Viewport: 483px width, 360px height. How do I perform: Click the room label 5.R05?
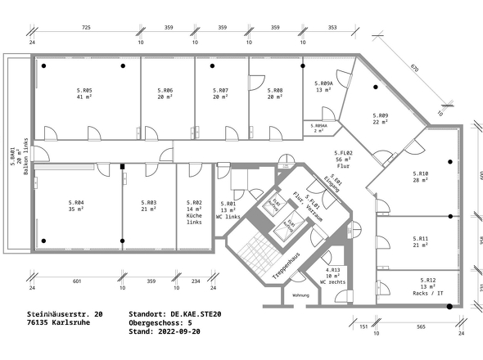pos(84,90)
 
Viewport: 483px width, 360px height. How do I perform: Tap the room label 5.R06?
pos(165,90)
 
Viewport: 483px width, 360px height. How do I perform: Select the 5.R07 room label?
pos(220,90)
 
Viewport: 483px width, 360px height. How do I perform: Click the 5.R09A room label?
pos(324,83)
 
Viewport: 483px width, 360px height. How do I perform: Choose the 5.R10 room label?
pos(421,173)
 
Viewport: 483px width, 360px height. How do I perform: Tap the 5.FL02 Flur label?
pos(343,154)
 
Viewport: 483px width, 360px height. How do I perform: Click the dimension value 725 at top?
pos(86,28)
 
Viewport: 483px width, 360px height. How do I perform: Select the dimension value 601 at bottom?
pos(77,281)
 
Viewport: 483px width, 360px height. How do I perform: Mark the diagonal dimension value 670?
pos(414,69)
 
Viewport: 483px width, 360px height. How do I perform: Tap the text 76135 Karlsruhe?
pos(59,322)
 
